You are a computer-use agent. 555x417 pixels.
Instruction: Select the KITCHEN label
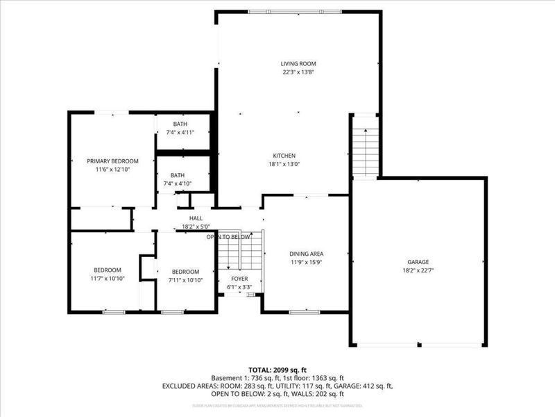(x=284, y=156)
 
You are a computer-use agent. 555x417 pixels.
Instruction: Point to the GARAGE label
(x=418, y=262)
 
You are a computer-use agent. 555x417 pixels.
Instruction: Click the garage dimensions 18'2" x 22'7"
(x=418, y=271)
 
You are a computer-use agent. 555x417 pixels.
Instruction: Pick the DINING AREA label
(x=306, y=254)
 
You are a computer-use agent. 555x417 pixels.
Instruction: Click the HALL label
(x=196, y=218)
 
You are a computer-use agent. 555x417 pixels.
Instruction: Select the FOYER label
(x=239, y=278)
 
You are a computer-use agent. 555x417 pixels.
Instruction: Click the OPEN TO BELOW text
(x=228, y=237)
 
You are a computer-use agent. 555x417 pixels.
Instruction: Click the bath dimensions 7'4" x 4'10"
(x=178, y=183)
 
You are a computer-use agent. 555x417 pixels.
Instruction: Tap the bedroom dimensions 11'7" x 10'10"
(x=108, y=278)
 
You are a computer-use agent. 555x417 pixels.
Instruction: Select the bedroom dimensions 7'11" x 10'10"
(x=186, y=280)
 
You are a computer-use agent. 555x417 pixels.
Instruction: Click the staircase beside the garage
(x=364, y=150)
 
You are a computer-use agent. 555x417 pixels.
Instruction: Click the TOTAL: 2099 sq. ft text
(x=277, y=369)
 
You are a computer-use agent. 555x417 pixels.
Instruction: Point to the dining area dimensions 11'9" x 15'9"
(x=306, y=262)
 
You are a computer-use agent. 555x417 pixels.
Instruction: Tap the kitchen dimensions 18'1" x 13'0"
(x=284, y=164)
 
